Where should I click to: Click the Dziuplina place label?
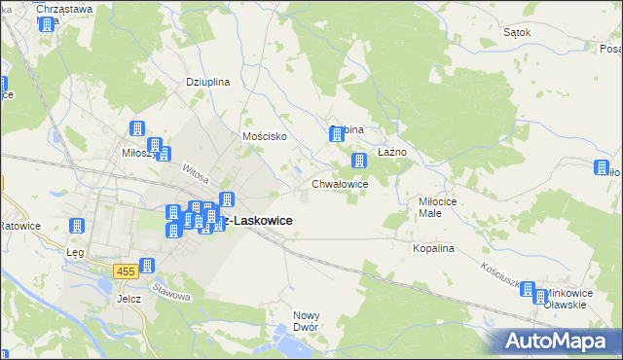[x=207, y=82]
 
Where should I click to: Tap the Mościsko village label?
[x=264, y=136]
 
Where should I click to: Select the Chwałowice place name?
[x=339, y=183]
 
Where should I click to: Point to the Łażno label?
[x=391, y=152]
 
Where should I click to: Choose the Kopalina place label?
[x=433, y=248]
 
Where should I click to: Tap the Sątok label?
[x=517, y=32]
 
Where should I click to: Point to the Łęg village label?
[x=74, y=251]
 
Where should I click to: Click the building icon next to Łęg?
[x=76, y=227]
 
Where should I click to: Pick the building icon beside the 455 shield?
[x=147, y=266]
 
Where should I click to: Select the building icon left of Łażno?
[x=359, y=160]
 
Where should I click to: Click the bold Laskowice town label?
[x=256, y=221]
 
